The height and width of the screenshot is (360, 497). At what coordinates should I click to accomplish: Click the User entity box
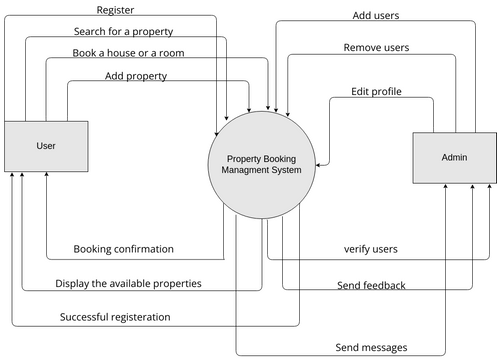pos(45,146)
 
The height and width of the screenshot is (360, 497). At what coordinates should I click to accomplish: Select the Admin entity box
pos(453,158)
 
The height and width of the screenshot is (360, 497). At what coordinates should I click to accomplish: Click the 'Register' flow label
pos(115,10)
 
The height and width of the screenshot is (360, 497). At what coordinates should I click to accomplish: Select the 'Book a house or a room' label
pos(128,52)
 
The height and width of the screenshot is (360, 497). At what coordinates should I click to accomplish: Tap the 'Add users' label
pos(378,16)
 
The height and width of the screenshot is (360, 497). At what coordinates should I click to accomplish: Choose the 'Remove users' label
pos(376,47)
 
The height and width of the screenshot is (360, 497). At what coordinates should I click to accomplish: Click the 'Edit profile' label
pos(376,91)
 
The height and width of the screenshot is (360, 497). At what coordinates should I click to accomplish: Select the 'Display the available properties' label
pos(128,283)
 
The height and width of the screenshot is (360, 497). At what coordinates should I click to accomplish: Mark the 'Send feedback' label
pos(371,285)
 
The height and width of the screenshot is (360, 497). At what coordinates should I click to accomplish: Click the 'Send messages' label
pos(371,347)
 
